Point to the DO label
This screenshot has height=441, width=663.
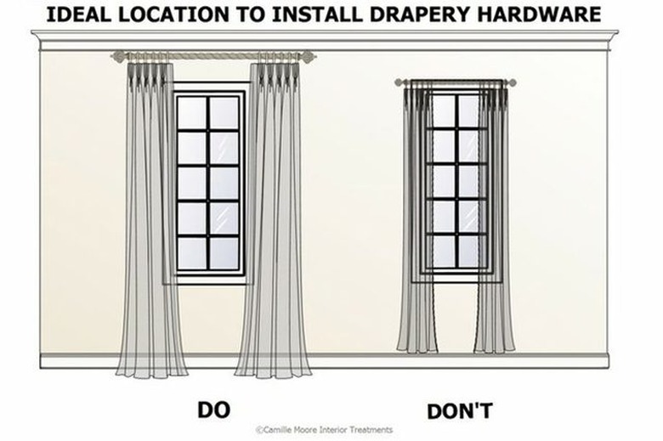(x=213, y=410)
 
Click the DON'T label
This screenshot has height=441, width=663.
(x=459, y=411)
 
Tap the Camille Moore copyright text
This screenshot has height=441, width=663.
(x=324, y=431)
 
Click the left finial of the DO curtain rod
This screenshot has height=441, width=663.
(x=117, y=56)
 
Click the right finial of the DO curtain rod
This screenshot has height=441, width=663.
(x=311, y=56)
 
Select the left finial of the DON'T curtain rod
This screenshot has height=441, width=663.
(x=399, y=82)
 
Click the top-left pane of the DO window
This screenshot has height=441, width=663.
(x=192, y=112)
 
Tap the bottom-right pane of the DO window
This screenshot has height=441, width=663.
(x=225, y=252)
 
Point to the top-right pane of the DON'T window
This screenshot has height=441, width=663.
(x=470, y=110)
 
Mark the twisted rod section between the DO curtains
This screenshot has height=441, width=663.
(x=212, y=56)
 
